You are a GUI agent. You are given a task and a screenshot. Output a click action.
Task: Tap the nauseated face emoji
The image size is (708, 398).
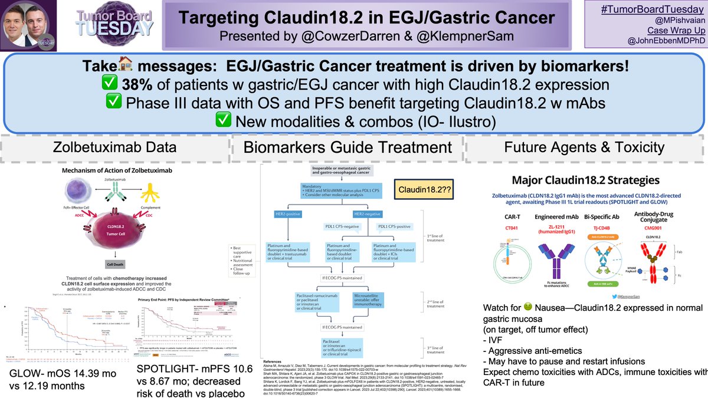pyautogui.click(x=527, y=308)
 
